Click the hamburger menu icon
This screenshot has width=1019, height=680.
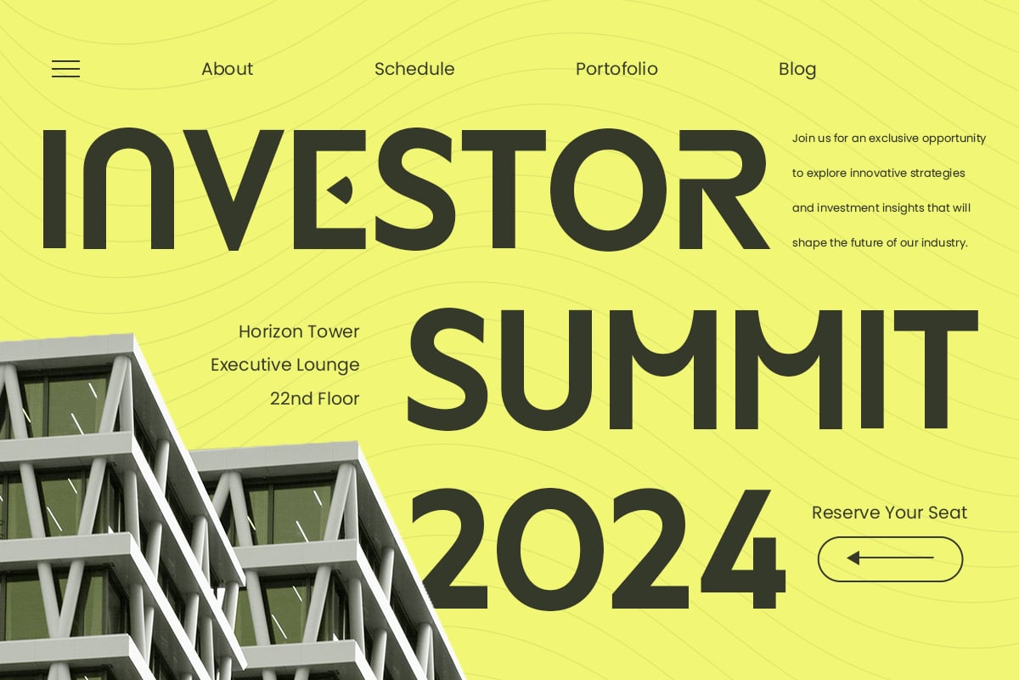tap(65, 69)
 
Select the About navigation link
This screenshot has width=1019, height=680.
tap(227, 69)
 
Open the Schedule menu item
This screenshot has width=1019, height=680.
tap(414, 69)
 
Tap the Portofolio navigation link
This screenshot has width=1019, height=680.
tap(616, 69)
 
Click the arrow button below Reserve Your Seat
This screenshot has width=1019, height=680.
tap(890, 559)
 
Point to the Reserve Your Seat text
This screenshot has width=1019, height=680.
tap(889, 513)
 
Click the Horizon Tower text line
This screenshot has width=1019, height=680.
tap(299, 331)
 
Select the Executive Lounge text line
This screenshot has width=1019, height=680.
tap(284, 365)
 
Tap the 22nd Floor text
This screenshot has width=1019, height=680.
tap(315, 399)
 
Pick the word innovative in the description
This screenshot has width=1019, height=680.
tap(870, 173)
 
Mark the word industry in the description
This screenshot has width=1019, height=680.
tap(944, 243)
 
